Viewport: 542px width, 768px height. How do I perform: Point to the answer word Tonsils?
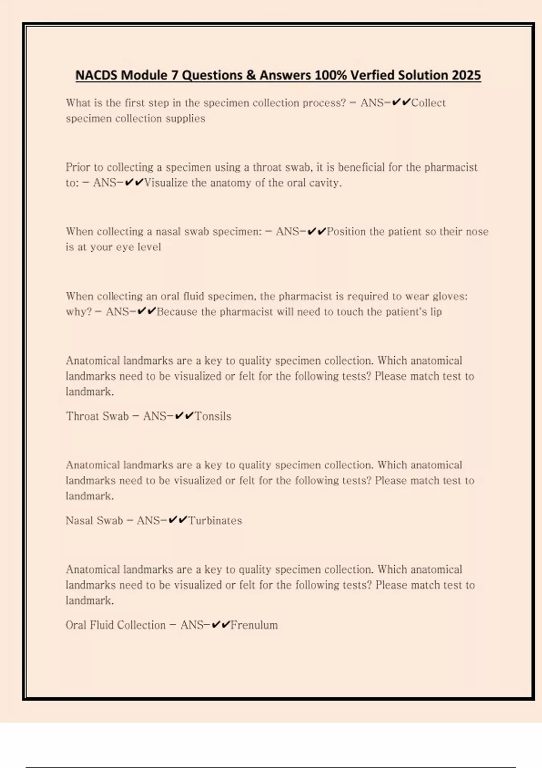click(x=213, y=416)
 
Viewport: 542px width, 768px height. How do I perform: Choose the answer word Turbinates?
click(x=215, y=520)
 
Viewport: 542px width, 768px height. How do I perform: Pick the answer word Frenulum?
click(x=254, y=625)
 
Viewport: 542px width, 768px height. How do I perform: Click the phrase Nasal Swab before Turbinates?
click(x=94, y=520)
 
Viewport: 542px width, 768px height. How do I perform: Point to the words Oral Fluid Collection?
click(x=116, y=625)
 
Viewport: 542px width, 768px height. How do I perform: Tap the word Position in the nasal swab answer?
click(x=346, y=232)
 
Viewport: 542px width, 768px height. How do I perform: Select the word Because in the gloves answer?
click(x=177, y=312)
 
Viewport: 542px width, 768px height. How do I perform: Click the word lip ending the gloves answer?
click(x=436, y=312)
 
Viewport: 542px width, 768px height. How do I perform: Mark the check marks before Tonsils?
click(x=184, y=416)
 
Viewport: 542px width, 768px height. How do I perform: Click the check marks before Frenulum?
click(x=221, y=625)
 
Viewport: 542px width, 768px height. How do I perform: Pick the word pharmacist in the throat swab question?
click(x=451, y=168)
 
